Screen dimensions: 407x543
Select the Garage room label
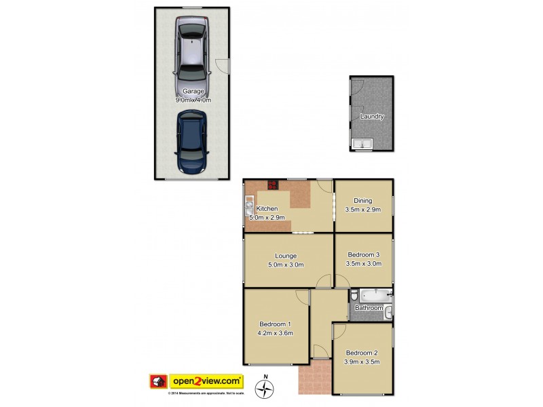(x=193, y=91)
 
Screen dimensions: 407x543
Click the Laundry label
(x=372, y=117)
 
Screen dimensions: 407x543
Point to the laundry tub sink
(x=362, y=144)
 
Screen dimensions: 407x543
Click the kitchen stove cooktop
(x=274, y=184)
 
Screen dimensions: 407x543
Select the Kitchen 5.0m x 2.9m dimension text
(x=265, y=217)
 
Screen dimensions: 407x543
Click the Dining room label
(x=363, y=200)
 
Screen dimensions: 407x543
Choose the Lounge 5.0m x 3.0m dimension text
(x=285, y=265)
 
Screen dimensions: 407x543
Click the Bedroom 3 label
(x=363, y=254)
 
